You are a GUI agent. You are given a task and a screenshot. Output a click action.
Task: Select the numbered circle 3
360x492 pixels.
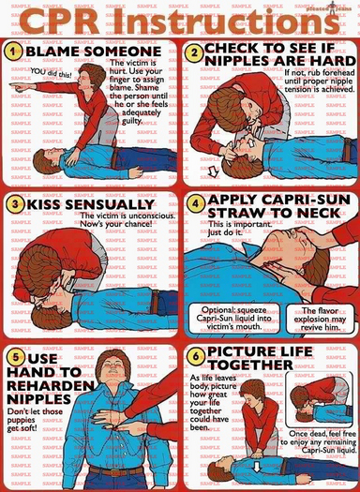[x=15, y=204]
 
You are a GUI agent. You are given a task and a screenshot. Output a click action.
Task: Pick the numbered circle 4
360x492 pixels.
[x=195, y=202]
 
